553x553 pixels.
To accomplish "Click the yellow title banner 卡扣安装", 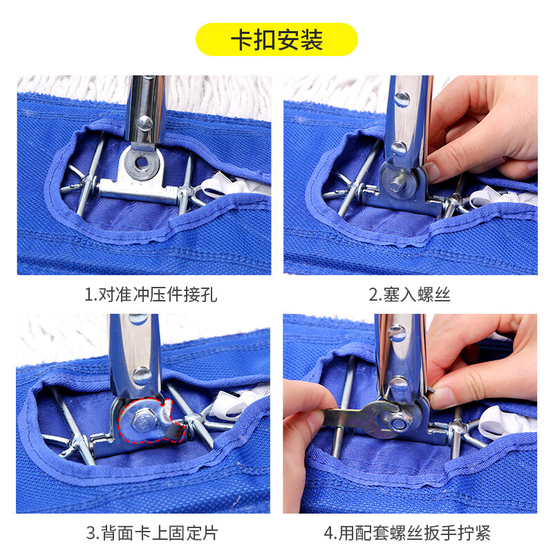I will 276,39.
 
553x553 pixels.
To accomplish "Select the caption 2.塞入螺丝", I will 409,295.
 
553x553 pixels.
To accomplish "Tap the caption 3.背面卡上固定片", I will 151,533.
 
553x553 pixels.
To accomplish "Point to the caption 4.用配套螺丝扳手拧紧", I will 408,533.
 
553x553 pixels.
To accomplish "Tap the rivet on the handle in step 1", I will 144,123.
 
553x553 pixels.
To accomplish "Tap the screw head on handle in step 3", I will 140,375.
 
